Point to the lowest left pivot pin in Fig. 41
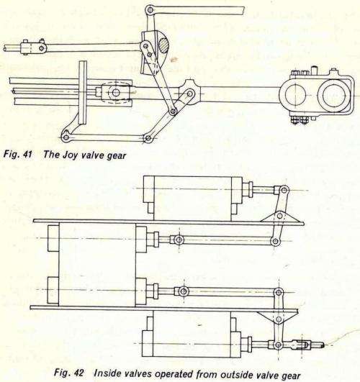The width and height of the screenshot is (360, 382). [66, 137]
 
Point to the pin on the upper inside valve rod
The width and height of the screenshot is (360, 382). [179, 239]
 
